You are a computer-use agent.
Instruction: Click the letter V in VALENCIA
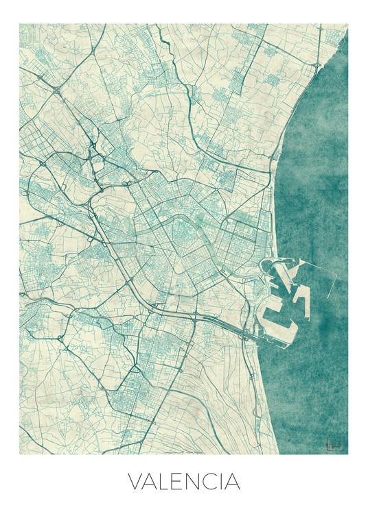[x=137, y=482]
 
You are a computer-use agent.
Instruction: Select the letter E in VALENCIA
[x=181, y=482]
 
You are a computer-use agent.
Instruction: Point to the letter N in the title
[x=196, y=482]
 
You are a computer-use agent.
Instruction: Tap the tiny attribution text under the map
[x=183, y=453]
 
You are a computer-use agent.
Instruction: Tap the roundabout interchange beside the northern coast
[x=318, y=66]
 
